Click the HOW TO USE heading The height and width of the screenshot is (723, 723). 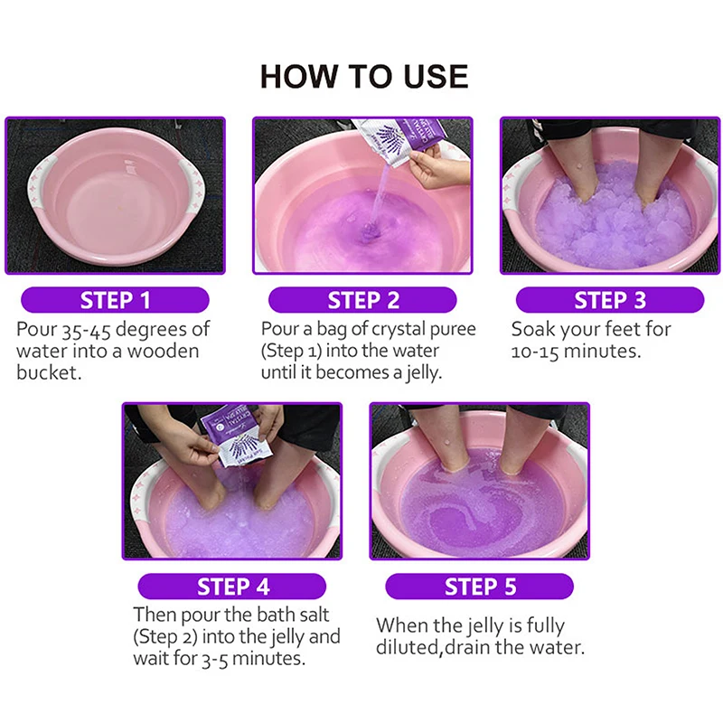(364, 76)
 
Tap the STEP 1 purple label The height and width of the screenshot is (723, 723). (116, 300)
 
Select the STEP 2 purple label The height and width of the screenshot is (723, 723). (363, 300)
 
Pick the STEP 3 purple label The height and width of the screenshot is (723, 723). (610, 300)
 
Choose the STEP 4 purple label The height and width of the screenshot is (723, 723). (232, 587)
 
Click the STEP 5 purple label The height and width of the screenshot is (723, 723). (480, 587)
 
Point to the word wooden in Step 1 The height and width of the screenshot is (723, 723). (163, 351)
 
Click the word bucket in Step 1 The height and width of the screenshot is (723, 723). (49, 372)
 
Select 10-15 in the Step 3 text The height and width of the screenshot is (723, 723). (535, 352)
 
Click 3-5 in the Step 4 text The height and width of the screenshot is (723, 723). (215, 659)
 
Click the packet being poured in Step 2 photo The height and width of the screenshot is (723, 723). (399, 133)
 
